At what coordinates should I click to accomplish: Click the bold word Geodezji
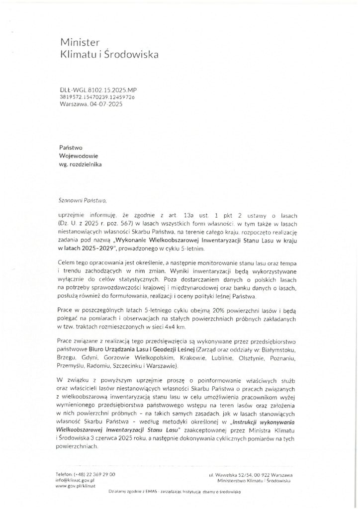point(142,351)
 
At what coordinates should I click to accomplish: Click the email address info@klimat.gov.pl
point(76,481)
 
